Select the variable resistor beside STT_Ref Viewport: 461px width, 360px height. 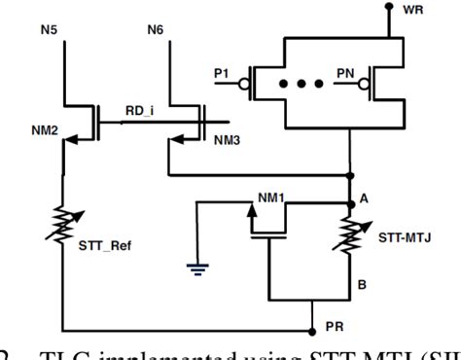coord(65,226)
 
